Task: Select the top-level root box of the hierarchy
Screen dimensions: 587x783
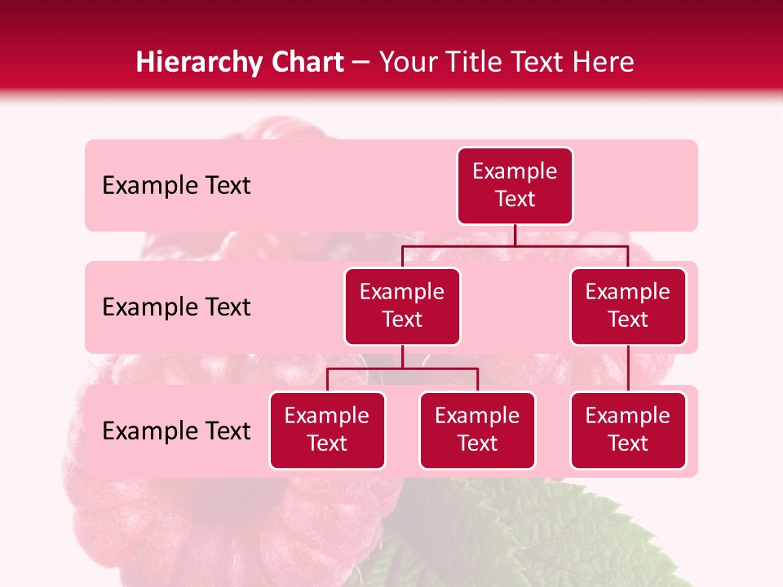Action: pos(515,185)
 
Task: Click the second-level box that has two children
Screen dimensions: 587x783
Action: pos(402,306)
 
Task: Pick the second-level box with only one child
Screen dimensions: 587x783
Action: pos(628,306)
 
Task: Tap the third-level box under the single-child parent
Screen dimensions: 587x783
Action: pos(628,430)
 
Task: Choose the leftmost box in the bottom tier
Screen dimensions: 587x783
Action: pos(327,430)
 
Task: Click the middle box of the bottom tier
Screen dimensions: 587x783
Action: pos(477,430)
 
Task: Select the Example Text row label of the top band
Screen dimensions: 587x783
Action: pos(176,186)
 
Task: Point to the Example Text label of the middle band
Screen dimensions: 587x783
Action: pos(176,307)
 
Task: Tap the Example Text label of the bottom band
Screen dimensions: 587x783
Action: pos(176,431)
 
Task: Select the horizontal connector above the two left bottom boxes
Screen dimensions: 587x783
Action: pos(440,369)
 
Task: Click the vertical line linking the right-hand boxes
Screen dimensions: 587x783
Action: pos(628,369)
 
